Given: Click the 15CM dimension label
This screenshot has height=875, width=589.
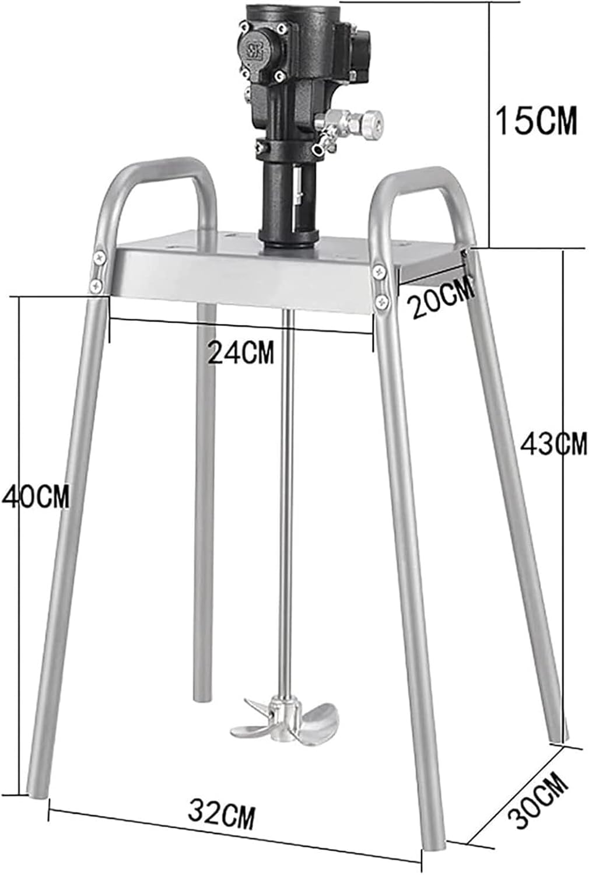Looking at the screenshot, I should click(x=535, y=121).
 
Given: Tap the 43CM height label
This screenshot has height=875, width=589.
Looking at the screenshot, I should click(x=553, y=444).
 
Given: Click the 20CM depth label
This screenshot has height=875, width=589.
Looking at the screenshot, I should click(x=441, y=297).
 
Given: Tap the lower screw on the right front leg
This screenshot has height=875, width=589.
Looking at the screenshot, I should click(x=382, y=301).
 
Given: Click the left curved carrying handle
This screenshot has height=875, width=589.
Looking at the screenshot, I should click(x=157, y=175).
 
